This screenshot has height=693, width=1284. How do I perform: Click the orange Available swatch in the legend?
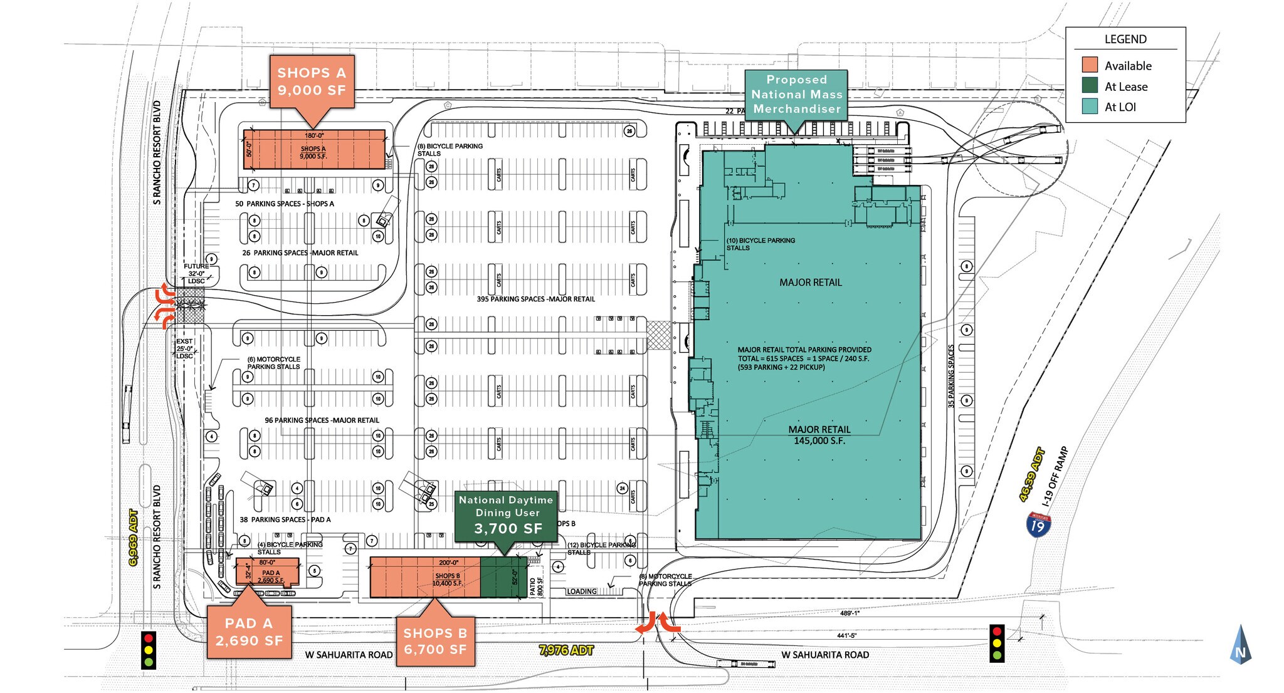(x=1090, y=65)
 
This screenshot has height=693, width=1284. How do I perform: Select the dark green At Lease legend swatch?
(x=1090, y=86)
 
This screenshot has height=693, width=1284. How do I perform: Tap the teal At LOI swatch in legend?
(x=1090, y=107)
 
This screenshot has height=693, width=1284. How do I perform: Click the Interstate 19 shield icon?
(x=1038, y=524)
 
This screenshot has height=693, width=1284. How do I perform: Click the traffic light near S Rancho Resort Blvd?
(x=149, y=650)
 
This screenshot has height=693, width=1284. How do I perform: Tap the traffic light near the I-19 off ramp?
(x=997, y=643)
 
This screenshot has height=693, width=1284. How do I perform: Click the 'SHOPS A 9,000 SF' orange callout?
(x=312, y=81)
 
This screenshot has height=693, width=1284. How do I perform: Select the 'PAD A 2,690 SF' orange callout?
(x=249, y=632)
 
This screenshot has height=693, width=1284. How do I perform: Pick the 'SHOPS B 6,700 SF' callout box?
(x=435, y=641)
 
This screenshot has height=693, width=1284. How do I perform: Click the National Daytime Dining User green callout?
(x=505, y=514)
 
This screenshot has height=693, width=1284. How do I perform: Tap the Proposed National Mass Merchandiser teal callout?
(x=796, y=94)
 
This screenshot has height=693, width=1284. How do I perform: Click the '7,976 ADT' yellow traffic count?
(x=566, y=650)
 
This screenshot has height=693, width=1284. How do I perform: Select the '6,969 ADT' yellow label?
(x=134, y=538)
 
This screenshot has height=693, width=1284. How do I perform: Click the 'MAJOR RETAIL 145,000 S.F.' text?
(x=819, y=435)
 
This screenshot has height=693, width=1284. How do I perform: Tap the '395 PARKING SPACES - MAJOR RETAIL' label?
(x=535, y=299)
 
